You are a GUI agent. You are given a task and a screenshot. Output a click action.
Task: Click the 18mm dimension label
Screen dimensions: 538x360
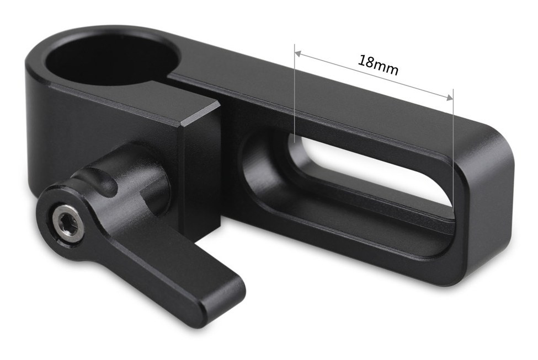click(378, 65)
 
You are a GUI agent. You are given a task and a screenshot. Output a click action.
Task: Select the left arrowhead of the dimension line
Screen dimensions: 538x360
click(298, 53)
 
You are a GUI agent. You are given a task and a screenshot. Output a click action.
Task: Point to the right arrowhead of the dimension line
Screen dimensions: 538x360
click(450, 98)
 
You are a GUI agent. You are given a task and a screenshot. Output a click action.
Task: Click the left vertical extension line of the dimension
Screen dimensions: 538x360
click(295, 93)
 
